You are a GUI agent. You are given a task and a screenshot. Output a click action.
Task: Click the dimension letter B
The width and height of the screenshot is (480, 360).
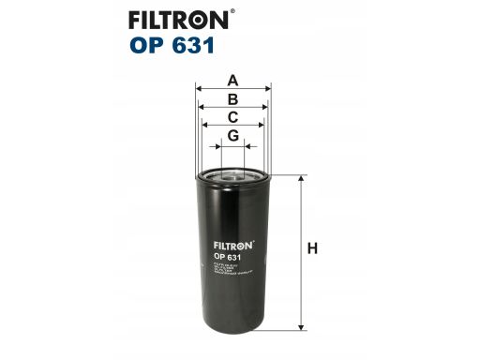point(233,98)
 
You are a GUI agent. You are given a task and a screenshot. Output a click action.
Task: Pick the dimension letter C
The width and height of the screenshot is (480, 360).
point(233,117)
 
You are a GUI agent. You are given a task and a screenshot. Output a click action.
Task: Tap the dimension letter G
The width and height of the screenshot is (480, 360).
point(233,137)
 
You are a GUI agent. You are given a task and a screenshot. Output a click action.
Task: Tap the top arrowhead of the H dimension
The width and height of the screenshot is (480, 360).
point(301,179)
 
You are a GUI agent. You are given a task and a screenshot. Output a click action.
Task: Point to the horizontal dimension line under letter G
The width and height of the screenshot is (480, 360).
point(233,146)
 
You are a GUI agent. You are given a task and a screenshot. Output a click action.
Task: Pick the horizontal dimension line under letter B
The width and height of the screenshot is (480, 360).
point(233,108)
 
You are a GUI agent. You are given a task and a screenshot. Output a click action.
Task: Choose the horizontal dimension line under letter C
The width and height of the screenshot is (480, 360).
point(233,127)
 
